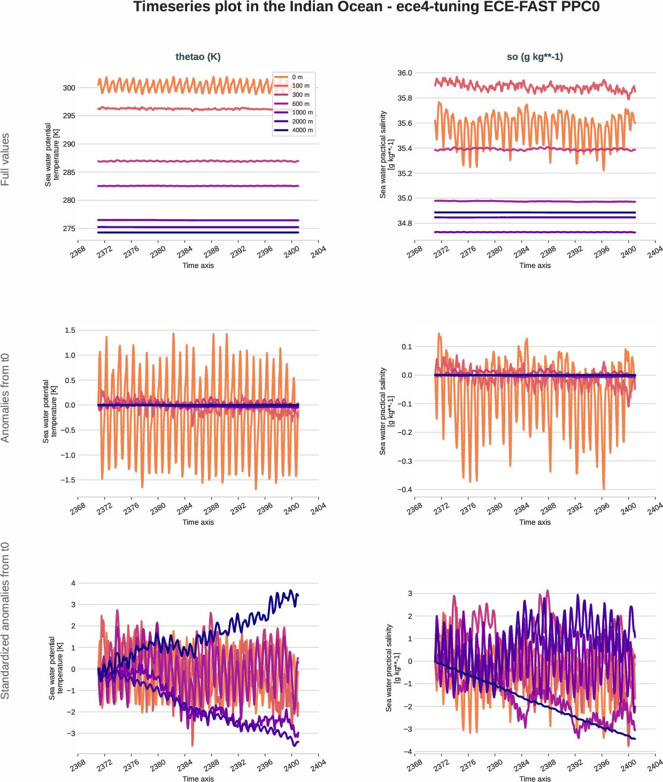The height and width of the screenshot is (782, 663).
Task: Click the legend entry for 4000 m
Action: (302, 130)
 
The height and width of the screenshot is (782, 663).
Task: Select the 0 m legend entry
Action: (297, 77)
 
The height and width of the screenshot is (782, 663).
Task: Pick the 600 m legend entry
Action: (300, 104)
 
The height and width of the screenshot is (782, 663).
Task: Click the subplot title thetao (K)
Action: (198, 57)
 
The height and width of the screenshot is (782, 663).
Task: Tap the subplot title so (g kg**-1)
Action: (535, 57)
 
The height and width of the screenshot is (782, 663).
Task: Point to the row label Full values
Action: (5, 159)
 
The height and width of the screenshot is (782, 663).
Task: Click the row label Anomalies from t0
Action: (5, 398)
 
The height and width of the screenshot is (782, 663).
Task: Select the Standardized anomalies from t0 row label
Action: (5, 620)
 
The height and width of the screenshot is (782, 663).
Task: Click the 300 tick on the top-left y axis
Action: (69, 88)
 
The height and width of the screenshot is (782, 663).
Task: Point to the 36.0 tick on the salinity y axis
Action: (405, 73)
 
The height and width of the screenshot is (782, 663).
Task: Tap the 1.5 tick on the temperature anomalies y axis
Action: (70, 330)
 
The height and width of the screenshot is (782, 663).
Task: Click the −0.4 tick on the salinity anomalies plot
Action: (404, 489)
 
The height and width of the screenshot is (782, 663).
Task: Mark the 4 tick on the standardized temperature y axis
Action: (73, 583)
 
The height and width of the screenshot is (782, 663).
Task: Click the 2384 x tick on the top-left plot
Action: (184, 251)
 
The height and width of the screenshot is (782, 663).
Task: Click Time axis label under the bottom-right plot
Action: (535, 779)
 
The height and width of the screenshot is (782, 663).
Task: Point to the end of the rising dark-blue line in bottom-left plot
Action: (298, 595)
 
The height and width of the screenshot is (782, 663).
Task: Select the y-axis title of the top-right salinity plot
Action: (387, 155)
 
